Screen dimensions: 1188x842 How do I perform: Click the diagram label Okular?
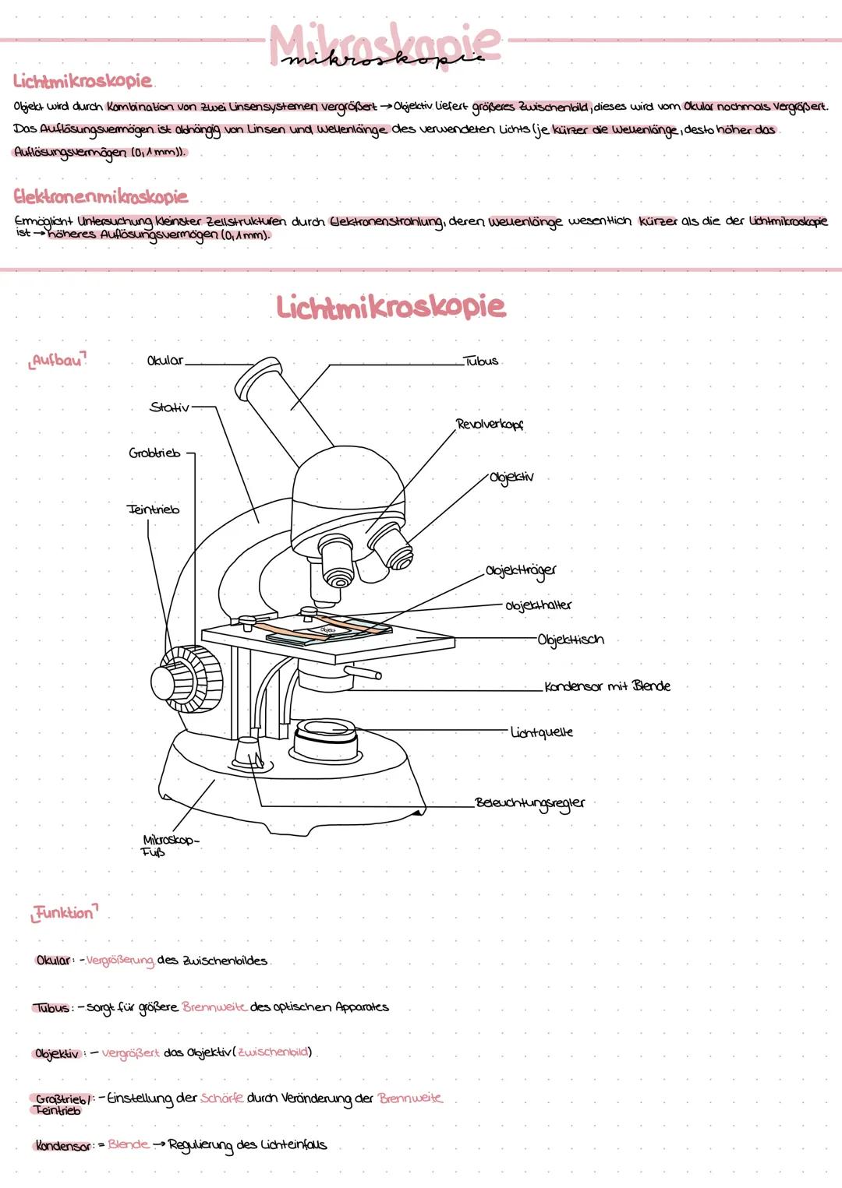coord(165,361)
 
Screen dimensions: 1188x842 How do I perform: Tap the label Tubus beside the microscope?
coord(480,361)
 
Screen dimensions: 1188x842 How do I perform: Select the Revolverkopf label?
coord(490,425)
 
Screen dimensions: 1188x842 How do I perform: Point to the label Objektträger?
coord(521,571)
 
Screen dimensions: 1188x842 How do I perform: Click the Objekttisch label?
coord(571,640)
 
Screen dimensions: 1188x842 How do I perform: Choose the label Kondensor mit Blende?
coord(607,686)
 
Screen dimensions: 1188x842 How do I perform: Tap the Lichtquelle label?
coord(542,732)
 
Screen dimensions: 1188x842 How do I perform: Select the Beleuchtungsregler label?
coord(530,803)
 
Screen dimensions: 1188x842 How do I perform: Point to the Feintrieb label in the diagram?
coord(153,509)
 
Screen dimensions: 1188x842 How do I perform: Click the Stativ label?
coord(169,407)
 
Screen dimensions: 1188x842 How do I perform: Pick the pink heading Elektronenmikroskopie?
coord(101,196)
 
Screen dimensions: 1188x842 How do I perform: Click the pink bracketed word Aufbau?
coord(58,361)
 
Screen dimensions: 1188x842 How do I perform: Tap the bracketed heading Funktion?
coord(64,912)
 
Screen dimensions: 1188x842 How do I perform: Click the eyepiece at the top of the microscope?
coord(259,378)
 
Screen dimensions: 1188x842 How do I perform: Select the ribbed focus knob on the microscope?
coord(187,678)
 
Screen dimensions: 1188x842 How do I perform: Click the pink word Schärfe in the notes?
coord(222,1098)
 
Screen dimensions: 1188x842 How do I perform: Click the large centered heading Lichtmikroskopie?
coord(391,306)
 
